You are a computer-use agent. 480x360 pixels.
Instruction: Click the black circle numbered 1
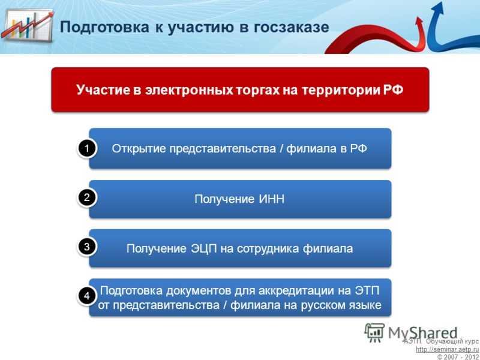87,149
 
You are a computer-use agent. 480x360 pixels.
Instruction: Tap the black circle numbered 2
87,198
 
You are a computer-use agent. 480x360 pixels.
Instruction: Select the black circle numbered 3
87,247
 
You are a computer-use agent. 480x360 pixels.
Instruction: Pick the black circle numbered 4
87,296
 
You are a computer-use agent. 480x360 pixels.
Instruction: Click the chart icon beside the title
27,26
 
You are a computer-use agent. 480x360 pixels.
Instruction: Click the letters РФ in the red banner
393,90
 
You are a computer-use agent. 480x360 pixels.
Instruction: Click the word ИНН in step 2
272,199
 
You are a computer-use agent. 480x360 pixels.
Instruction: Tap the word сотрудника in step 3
268,248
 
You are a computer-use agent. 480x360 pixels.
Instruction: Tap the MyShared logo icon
374,333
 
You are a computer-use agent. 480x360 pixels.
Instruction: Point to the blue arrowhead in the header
439,8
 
